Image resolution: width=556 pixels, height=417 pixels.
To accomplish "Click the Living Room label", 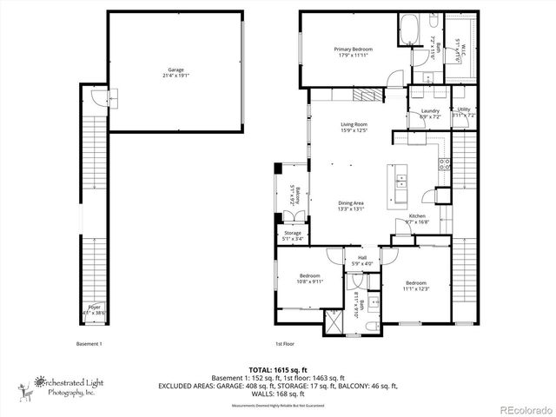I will [354, 127].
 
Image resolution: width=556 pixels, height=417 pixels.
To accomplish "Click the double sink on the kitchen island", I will [401, 181].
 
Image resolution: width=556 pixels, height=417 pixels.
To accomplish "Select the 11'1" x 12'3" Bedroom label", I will [416, 285].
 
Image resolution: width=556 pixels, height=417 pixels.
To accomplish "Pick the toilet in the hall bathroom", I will [371, 326].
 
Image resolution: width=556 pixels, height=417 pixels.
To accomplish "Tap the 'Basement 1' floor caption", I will [89, 343].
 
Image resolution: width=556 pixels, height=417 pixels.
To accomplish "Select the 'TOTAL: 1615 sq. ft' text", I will [278, 369].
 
